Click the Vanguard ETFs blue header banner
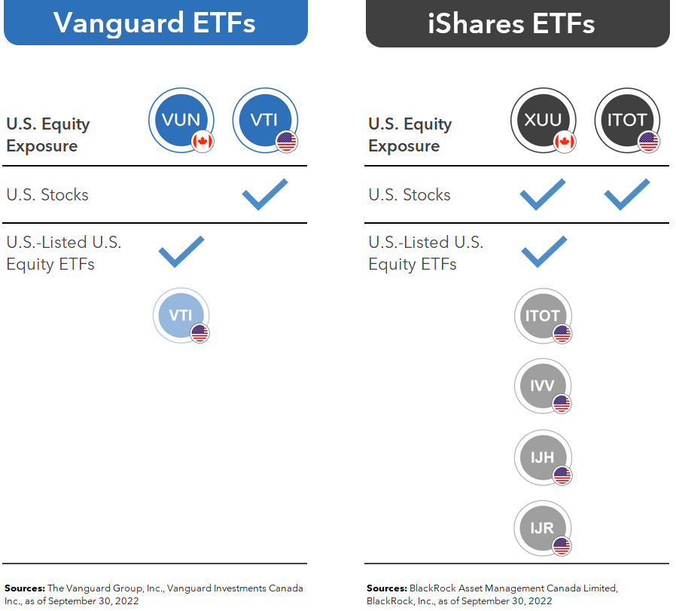pyautogui.click(x=155, y=23)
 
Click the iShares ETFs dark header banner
pyautogui.click(x=517, y=23)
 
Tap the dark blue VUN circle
pyautogui.click(x=181, y=120)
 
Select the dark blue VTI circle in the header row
pyautogui.click(x=265, y=120)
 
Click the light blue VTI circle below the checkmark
pyautogui.click(x=181, y=315)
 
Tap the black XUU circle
pyautogui.click(x=543, y=120)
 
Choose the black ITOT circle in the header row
pyautogui.click(x=627, y=120)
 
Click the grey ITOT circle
pyautogui.click(x=543, y=316)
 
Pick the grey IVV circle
pyautogui.click(x=543, y=386)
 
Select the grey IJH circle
pyautogui.click(x=543, y=457)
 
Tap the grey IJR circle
pyautogui.click(x=543, y=528)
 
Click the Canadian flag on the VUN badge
pyautogui.click(x=202, y=141)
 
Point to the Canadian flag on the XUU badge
pyautogui.click(x=565, y=141)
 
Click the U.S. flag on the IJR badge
pyautogui.click(x=562, y=547)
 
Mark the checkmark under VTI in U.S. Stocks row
pyautogui.click(x=264, y=194)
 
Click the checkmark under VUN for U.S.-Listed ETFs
pyautogui.click(x=181, y=251)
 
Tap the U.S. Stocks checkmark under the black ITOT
pyautogui.click(x=626, y=194)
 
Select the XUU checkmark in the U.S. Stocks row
pyautogui.click(x=543, y=194)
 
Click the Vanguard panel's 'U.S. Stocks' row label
pyautogui.click(x=47, y=194)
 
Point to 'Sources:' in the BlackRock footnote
pyautogui.click(x=387, y=588)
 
